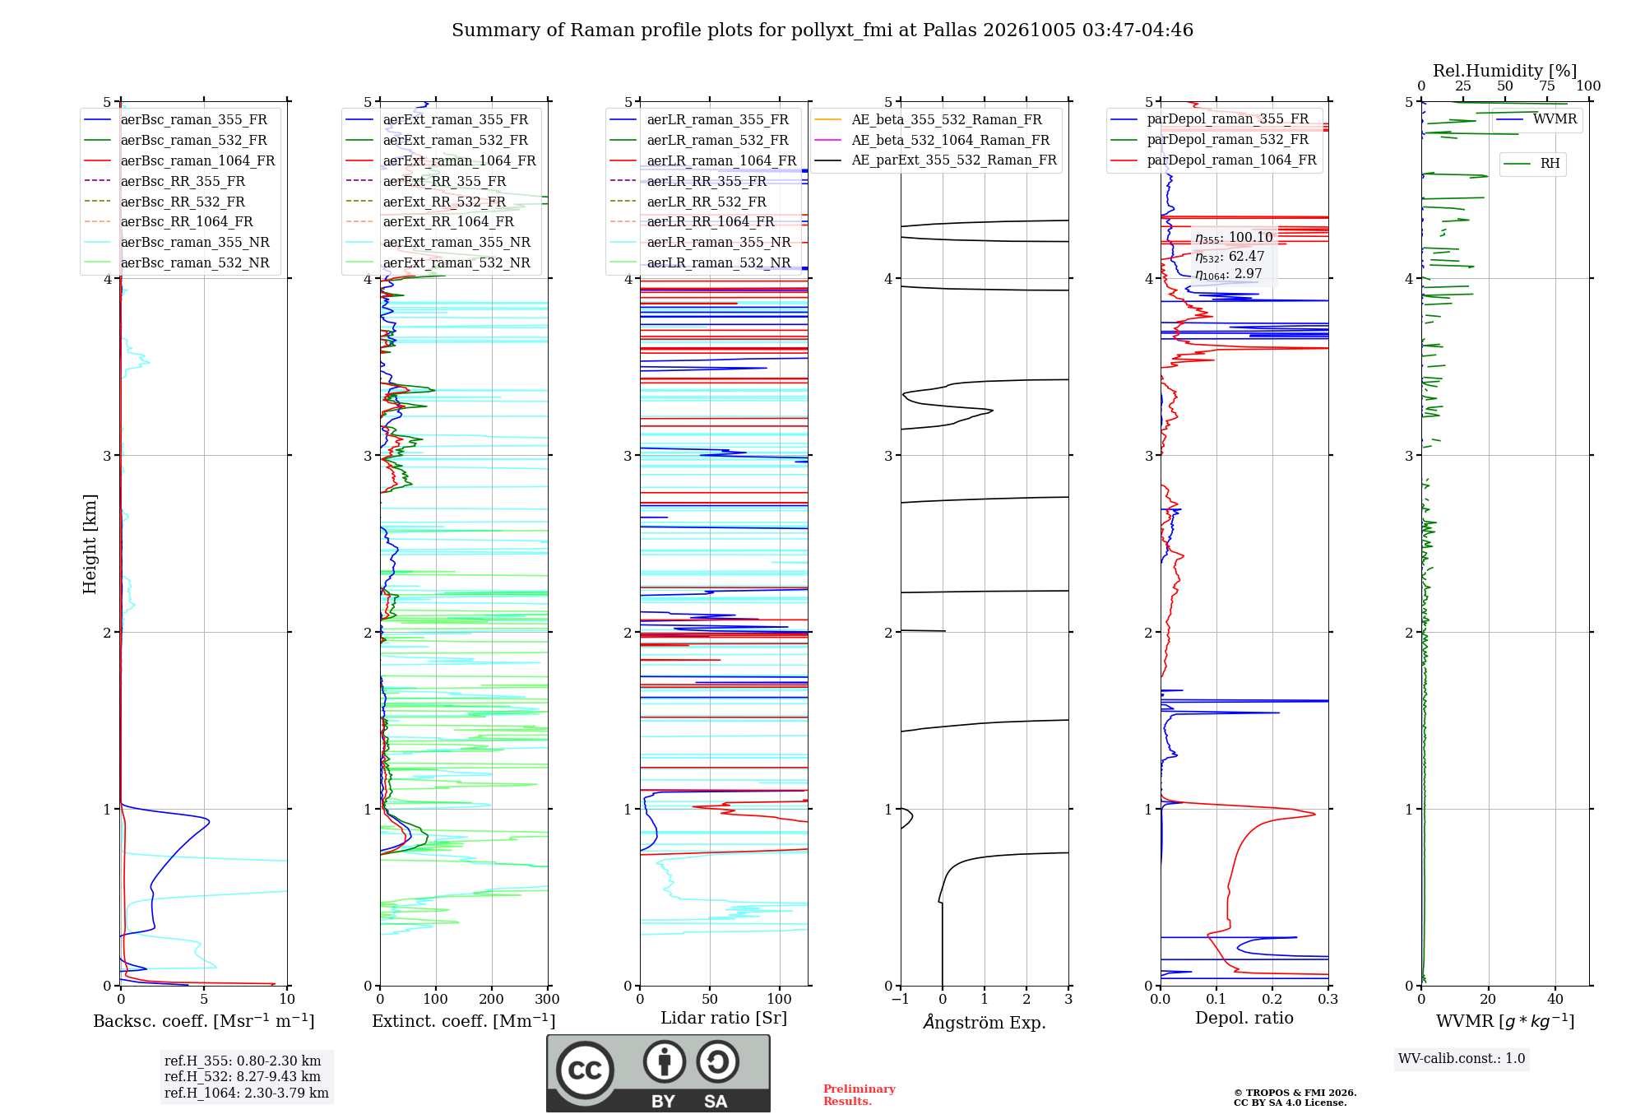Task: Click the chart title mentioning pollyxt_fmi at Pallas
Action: tap(822, 30)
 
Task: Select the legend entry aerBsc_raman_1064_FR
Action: tap(179, 160)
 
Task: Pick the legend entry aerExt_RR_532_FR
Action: tap(426, 202)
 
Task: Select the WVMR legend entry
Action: tap(1536, 119)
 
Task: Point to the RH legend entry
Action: tap(1531, 164)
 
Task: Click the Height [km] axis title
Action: tap(90, 544)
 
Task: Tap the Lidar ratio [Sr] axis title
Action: tap(724, 1018)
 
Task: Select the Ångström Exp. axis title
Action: tap(985, 1022)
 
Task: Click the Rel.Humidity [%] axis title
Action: tap(1505, 71)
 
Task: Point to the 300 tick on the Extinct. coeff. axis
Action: tap(548, 999)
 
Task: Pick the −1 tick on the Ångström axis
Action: tap(901, 999)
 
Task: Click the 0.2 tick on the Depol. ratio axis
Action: tap(1272, 999)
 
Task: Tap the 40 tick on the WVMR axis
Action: tap(1555, 999)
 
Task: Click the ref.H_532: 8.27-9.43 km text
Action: tap(243, 1076)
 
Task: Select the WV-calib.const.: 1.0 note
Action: tap(1462, 1058)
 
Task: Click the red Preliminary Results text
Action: tap(860, 1095)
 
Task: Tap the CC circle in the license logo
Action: tap(585, 1070)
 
